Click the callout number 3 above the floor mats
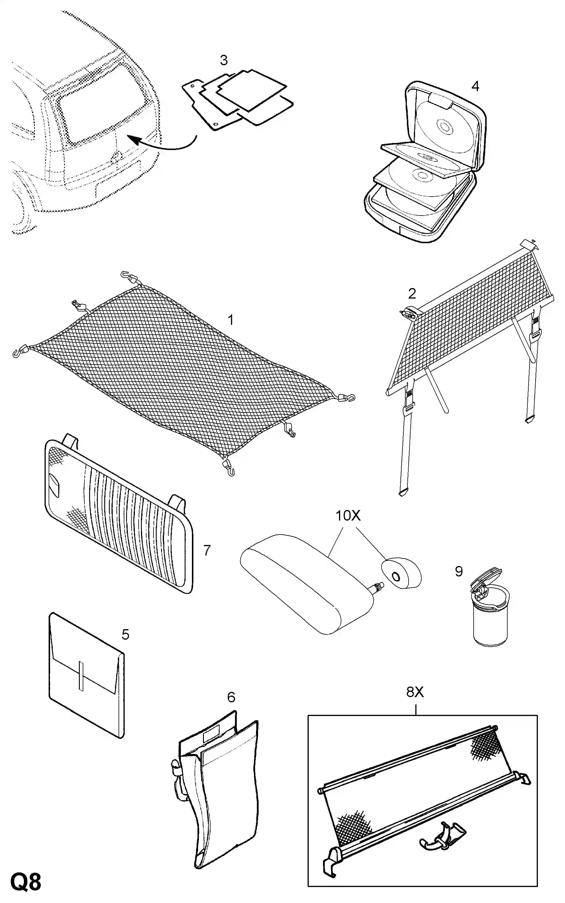click(224, 60)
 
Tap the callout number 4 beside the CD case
click(475, 86)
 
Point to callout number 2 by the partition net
click(412, 294)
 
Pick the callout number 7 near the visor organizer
click(207, 550)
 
